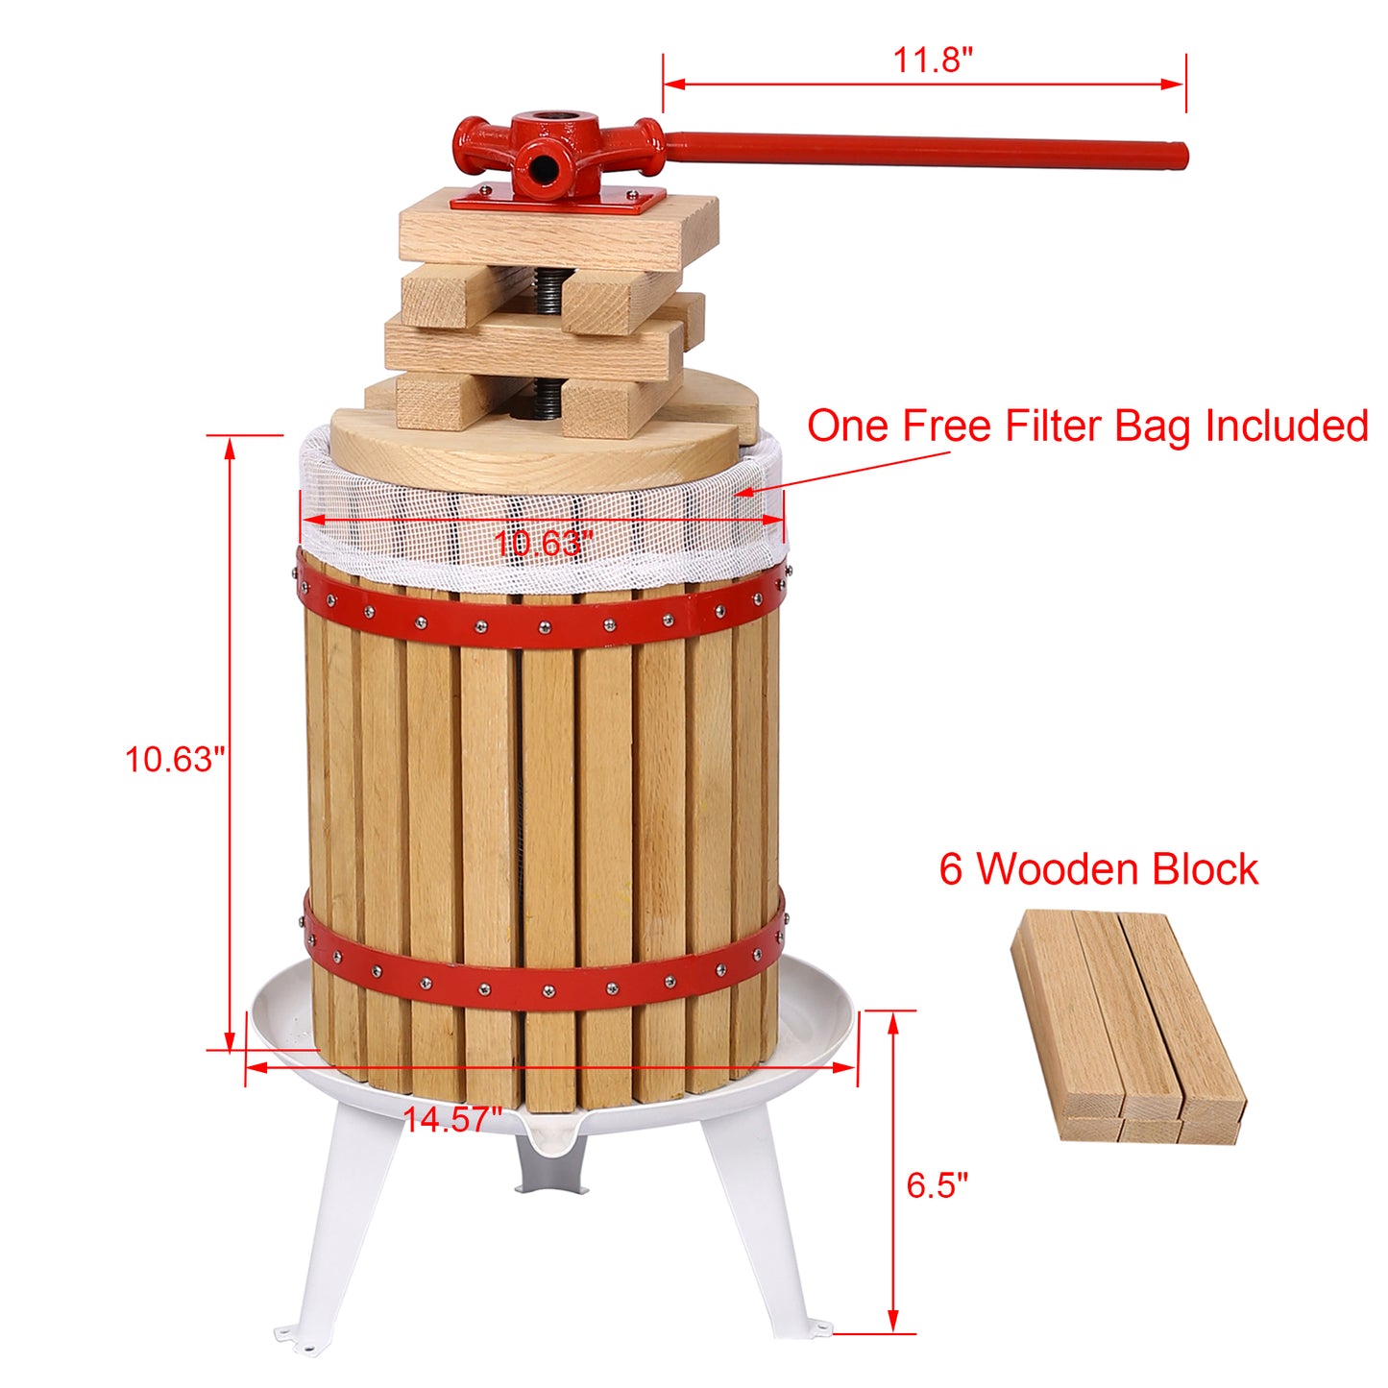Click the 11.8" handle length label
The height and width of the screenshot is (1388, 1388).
coord(933,60)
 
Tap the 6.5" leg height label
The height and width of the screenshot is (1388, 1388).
coord(937,1185)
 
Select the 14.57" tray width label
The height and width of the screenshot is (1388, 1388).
coord(452,1119)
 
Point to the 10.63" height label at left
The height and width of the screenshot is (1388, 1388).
coord(174,760)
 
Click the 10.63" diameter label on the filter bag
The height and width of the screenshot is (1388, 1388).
coord(543,544)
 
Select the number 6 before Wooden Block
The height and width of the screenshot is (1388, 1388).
coord(950,869)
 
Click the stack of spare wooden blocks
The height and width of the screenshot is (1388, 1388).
coord(1128,1026)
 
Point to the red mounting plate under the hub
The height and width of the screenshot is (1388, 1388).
coord(557,201)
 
